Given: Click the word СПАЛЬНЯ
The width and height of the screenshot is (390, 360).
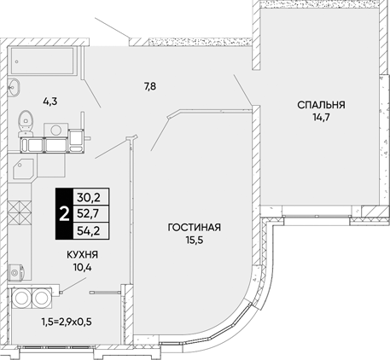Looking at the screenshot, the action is [x=321, y=105].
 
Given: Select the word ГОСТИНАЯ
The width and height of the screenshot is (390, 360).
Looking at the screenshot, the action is [x=195, y=228].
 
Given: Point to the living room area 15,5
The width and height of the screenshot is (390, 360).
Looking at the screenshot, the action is [x=195, y=241].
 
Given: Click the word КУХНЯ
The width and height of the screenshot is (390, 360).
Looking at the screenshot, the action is [x=83, y=255].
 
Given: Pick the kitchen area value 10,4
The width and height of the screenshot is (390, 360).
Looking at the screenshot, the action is [x=83, y=267].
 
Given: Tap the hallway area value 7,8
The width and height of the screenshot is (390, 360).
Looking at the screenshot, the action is [x=150, y=86].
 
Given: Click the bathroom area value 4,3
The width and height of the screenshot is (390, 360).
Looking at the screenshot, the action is [x=50, y=101].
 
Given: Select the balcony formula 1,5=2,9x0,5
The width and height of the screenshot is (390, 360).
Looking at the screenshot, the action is [x=67, y=322].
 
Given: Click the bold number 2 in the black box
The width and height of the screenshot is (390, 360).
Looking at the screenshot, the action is [x=64, y=213].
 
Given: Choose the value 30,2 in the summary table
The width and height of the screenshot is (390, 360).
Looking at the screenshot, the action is [x=89, y=197].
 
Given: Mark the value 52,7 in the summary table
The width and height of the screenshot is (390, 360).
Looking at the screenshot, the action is [x=89, y=213].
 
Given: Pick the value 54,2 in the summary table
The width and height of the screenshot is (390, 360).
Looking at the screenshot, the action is [x=89, y=230].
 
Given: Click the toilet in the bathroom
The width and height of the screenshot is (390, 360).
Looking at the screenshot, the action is [x=26, y=124].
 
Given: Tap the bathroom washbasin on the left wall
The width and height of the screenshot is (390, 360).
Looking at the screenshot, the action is [x=14, y=87].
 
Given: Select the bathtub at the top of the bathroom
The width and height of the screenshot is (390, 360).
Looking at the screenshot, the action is [x=44, y=61].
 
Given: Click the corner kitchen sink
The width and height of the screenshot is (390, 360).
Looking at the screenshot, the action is [x=23, y=169].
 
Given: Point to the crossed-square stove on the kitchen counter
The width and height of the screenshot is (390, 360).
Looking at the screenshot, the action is [x=20, y=212].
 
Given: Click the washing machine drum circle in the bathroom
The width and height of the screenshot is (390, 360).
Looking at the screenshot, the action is [x=56, y=130].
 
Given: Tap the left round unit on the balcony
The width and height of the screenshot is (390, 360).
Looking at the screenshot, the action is [x=21, y=298].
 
